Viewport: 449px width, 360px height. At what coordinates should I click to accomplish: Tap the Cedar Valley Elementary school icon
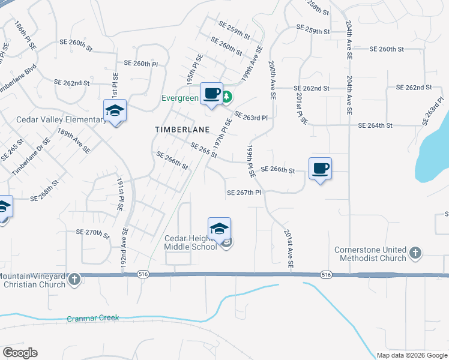pyautogui.click(x=115, y=111)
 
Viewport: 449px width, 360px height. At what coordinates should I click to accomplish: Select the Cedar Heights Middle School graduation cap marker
pyautogui.click(x=220, y=229)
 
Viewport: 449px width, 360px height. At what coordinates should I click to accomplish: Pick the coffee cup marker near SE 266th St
pyautogui.click(x=320, y=169)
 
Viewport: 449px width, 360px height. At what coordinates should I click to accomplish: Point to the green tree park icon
pyautogui.click(x=228, y=97)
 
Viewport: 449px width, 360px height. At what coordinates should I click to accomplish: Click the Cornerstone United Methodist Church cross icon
pyautogui.click(x=415, y=253)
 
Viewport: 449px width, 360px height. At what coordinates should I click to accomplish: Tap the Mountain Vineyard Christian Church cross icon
pyautogui.click(x=74, y=280)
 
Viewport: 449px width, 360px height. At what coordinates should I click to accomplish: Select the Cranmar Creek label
pyautogui.click(x=93, y=318)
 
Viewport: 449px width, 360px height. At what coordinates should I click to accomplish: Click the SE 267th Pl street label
pyautogui.click(x=244, y=193)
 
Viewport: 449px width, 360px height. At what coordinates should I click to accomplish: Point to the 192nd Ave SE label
pyautogui.click(x=125, y=249)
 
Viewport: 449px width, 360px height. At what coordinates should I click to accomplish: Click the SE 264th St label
pyautogui.click(x=375, y=125)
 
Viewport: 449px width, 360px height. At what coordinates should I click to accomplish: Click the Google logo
pyautogui.click(x=20, y=353)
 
